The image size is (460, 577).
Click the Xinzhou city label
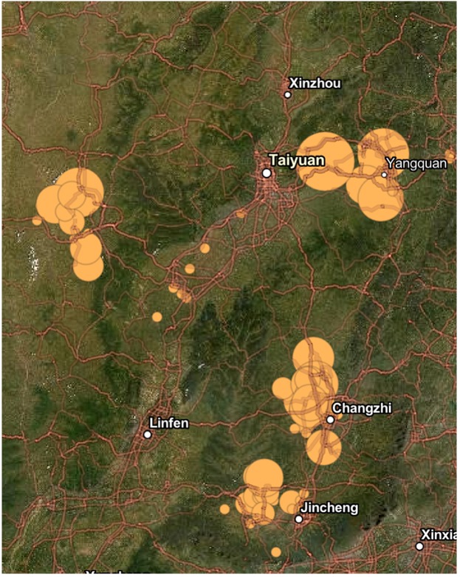(315, 83)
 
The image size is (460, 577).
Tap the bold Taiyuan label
(295, 159)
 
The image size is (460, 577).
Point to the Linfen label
(169, 423)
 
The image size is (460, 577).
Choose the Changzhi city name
(362, 407)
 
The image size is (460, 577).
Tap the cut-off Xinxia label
(439, 534)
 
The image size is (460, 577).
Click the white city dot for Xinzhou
(288, 94)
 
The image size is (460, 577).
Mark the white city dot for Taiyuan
(266, 173)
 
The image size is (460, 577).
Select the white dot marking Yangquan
(384, 175)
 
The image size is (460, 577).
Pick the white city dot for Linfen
(148, 435)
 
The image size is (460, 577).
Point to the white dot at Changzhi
(331, 419)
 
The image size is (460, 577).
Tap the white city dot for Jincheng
(299, 519)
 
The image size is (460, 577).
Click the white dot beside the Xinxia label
(419, 546)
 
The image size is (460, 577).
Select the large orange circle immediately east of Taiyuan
(326, 162)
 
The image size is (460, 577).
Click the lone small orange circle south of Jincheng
(276, 552)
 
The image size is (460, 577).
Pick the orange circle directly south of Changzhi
(323, 447)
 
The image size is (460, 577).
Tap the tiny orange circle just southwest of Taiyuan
(241, 214)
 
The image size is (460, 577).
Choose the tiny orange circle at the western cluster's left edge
(37, 220)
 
